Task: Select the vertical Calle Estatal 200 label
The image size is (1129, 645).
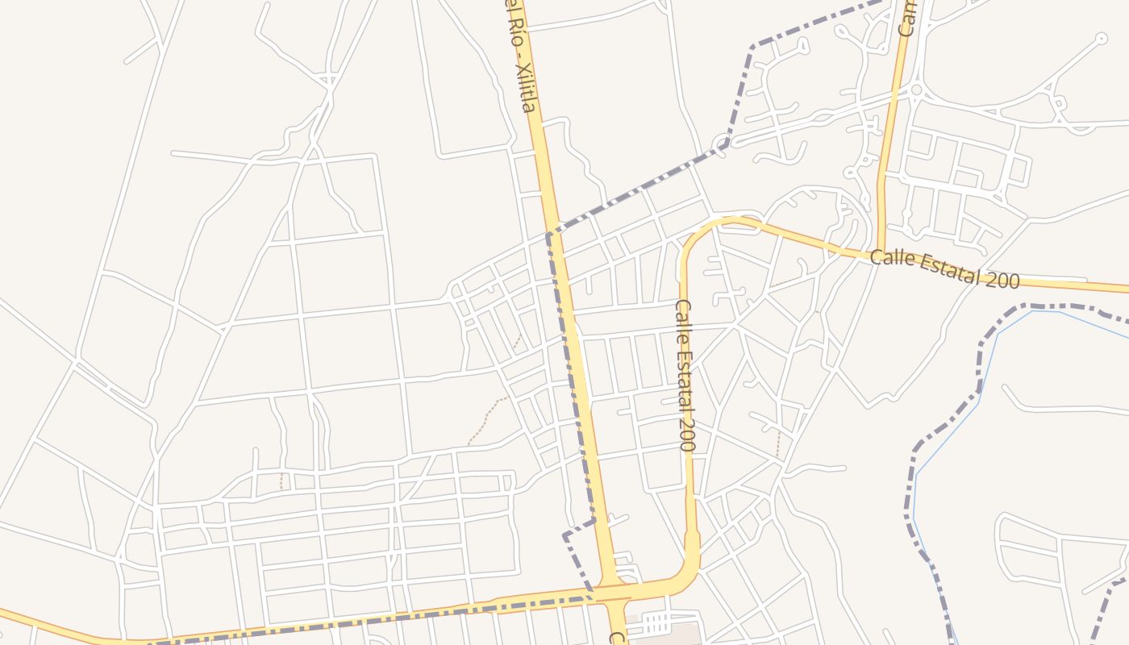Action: tap(685, 375)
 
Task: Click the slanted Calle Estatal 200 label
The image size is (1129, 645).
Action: tap(944, 269)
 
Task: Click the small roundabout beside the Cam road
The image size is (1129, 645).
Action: tap(916, 89)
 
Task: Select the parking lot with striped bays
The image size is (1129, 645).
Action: tap(655, 622)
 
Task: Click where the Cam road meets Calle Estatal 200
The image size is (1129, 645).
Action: tap(880, 256)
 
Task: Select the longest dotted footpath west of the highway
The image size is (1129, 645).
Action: tap(485, 418)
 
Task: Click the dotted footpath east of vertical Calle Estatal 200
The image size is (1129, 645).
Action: tap(778, 443)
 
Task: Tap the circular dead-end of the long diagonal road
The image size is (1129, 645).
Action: tap(1101, 37)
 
